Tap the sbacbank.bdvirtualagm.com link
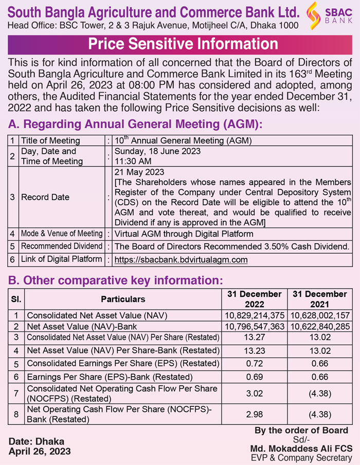pyautogui.click(x=181, y=260)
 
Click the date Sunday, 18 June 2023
pyautogui.click(x=157, y=151)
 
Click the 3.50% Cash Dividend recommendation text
pyautogui.click(x=232, y=246)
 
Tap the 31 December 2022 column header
pyautogui.click(x=254, y=298)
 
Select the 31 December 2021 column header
pyautogui.click(x=319, y=298)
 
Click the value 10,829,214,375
pyautogui.click(x=254, y=315)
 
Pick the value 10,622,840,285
pyautogui.click(x=319, y=326)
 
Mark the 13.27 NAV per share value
pyautogui.click(x=254, y=337)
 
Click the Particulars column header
pyautogui.click(x=123, y=298)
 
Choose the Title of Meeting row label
pyautogui.click(x=50, y=140)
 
